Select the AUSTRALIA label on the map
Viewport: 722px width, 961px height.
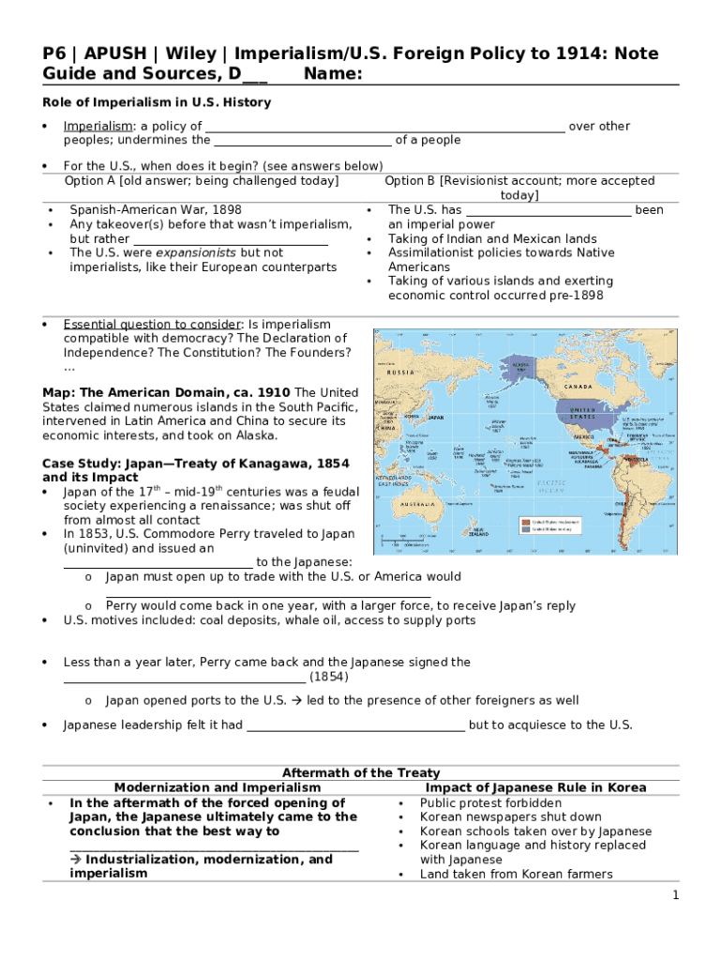tap(418, 505)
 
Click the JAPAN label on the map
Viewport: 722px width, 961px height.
tap(436, 417)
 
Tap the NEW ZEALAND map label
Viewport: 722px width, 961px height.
tap(479, 531)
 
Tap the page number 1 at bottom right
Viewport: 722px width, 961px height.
tap(675, 896)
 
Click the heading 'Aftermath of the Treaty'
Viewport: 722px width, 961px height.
tap(361, 772)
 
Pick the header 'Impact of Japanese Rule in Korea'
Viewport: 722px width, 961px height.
tap(535, 787)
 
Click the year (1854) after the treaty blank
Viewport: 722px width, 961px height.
tap(329, 676)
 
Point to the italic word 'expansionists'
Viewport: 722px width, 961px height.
tap(196, 252)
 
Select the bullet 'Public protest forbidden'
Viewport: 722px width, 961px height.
tap(490, 802)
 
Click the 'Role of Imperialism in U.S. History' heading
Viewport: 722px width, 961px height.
tap(157, 102)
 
